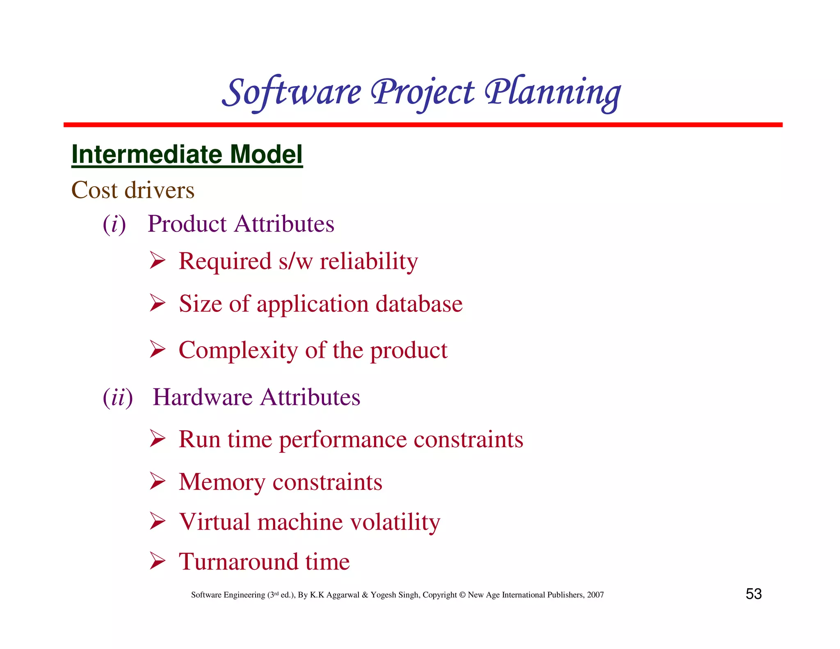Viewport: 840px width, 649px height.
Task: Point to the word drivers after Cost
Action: tap(159, 190)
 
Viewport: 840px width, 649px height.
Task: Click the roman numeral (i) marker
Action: tap(114, 224)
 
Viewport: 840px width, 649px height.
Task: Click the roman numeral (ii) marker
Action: tap(118, 398)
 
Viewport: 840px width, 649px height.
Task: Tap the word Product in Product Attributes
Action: tap(187, 224)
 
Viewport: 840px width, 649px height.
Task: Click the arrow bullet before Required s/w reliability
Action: tap(157, 261)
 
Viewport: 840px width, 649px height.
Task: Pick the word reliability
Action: tap(369, 261)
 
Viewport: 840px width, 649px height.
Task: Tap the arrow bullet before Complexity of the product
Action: tap(157, 350)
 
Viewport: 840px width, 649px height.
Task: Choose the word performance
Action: tap(343, 440)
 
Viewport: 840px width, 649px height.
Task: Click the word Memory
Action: tap(222, 482)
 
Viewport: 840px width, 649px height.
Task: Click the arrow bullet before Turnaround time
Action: tap(157, 561)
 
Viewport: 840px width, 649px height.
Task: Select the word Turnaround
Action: tap(238, 562)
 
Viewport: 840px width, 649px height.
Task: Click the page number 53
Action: tap(753, 594)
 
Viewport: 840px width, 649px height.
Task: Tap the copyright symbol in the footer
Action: tap(462, 595)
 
